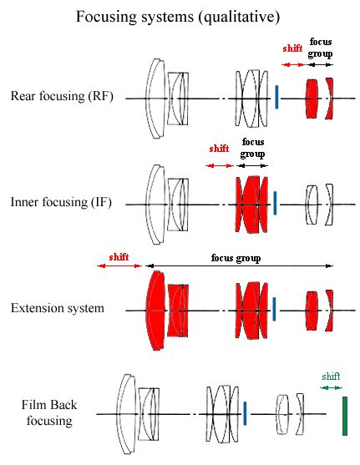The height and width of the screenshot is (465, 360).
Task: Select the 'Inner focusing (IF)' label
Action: pyautogui.click(x=62, y=202)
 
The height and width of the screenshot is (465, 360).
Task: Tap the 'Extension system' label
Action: pyautogui.click(x=58, y=308)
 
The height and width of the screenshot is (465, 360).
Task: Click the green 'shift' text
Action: pyautogui.click(x=331, y=376)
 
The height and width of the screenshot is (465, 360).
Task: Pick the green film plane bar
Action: pyautogui.click(x=344, y=416)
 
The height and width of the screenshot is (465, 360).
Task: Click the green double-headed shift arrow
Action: pyautogui.click(x=331, y=387)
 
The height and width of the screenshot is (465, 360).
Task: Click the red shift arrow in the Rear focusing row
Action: pyautogui.click(x=292, y=63)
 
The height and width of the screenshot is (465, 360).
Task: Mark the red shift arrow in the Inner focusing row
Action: pyautogui.click(x=220, y=165)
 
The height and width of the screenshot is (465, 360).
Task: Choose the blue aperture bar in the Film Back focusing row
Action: pyautogui.click(x=245, y=412)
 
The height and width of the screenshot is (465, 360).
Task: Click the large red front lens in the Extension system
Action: pyautogui.click(x=155, y=308)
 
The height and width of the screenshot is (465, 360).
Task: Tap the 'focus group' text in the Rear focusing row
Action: pyautogui.click(x=319, y=48)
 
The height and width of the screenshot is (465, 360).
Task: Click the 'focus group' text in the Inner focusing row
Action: pyautogui.click(x=251, y=148)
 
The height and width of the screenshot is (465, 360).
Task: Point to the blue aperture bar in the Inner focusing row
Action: pyautogui.click(x=276, y=202)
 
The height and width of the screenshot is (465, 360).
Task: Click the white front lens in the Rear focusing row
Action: pyautogui.click(x=155, y=98)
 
